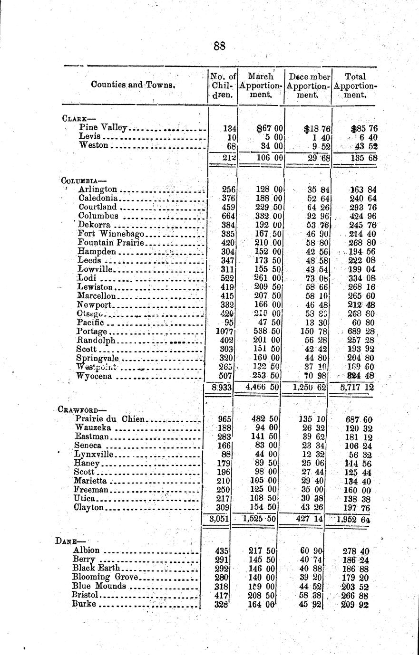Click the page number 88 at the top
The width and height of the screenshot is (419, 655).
pos(219,46)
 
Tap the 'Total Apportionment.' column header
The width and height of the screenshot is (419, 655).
pos(355,85)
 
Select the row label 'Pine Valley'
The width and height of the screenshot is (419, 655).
pos(103,127)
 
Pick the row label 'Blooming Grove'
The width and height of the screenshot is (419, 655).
pos(105,577)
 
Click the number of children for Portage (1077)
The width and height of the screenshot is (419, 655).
pos(224,331)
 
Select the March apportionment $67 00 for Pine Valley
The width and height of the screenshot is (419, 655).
pos(270,128)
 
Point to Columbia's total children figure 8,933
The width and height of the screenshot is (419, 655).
pos(222,387)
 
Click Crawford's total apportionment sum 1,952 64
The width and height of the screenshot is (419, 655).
pos(354,519)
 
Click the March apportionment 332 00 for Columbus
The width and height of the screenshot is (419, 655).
pos(266,216)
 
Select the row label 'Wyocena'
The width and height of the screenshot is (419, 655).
pos(95,376)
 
